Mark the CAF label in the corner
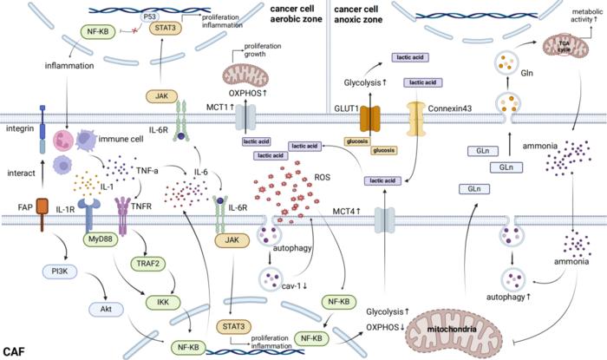point(14,350)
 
